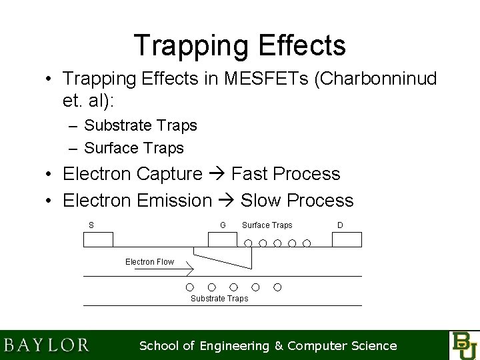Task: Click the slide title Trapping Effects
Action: click(x=239, y=45)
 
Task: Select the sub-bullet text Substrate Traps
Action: click(x=141, y=125)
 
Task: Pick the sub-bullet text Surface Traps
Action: click(x=134, y=147)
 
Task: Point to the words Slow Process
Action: click(x=297, y=200)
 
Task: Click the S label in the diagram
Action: click(x=91, y=225)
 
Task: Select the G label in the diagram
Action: click(x=223, y=225)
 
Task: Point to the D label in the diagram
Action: click(x=340, y=225)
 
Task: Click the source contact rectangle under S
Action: click(x=98, y=239)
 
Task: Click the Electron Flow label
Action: click(x=149, y=262)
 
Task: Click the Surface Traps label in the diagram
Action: click(x=267, y=225)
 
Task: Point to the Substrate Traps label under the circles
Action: click(x=219, y=299)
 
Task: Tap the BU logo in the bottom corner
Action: click(x=464, y=345)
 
